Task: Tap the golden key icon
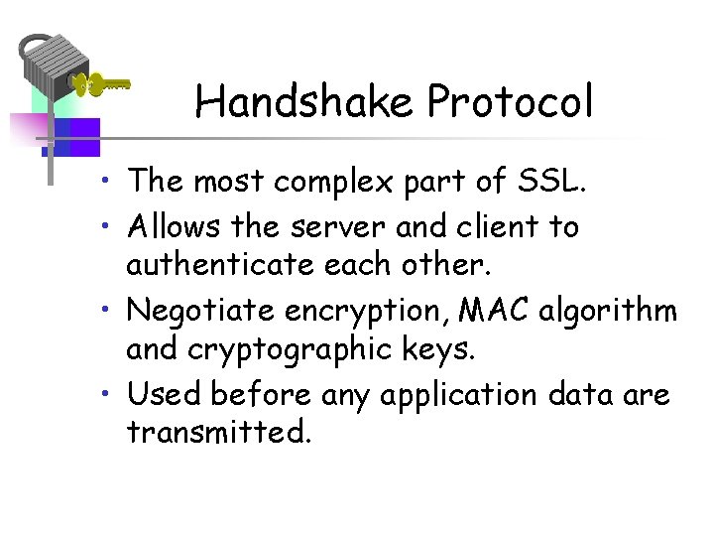click(x=102, y=84)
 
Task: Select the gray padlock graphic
click(x=55, y=69)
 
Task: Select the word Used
click(x=162, y=395)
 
